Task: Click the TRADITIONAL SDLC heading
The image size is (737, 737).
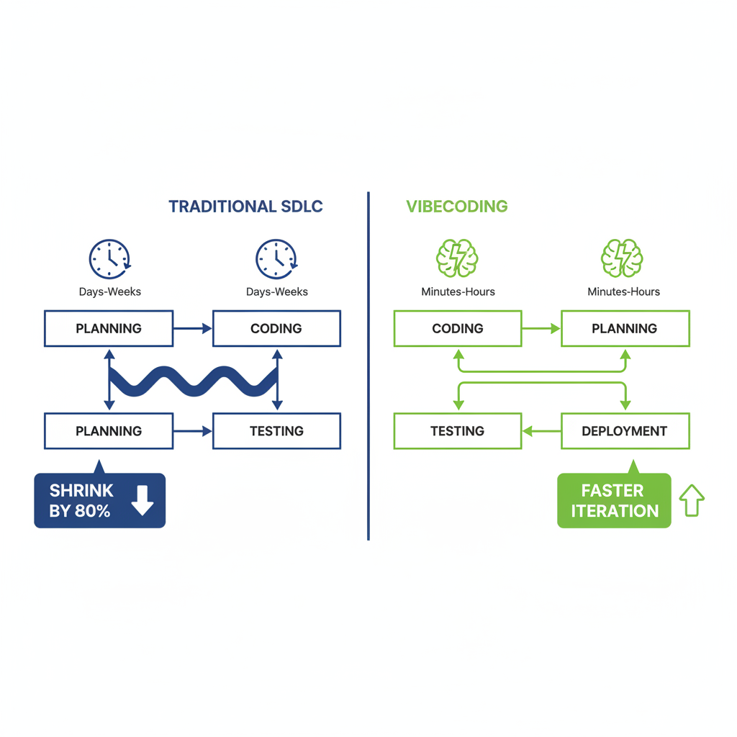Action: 245,207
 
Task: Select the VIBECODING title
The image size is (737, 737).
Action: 456,207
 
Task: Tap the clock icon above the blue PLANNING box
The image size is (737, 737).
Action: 109,258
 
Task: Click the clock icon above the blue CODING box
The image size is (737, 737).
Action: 276,258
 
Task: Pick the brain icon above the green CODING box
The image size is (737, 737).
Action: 457,258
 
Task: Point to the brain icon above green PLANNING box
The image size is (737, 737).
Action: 622,258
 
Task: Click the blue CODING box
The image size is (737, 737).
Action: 276,329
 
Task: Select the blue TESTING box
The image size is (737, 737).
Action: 276,431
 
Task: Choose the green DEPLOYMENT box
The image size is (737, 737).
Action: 625,431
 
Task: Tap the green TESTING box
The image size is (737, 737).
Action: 457,431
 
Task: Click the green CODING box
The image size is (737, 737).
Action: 457,329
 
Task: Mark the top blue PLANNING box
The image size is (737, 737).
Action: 109,329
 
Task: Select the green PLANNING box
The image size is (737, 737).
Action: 625,329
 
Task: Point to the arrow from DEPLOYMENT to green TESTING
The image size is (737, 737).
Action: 541,431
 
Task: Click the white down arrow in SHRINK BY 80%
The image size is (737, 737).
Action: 143,500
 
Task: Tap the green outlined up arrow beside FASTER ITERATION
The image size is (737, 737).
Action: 692,500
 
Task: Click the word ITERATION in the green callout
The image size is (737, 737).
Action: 615,511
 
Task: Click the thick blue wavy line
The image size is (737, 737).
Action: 193,381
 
